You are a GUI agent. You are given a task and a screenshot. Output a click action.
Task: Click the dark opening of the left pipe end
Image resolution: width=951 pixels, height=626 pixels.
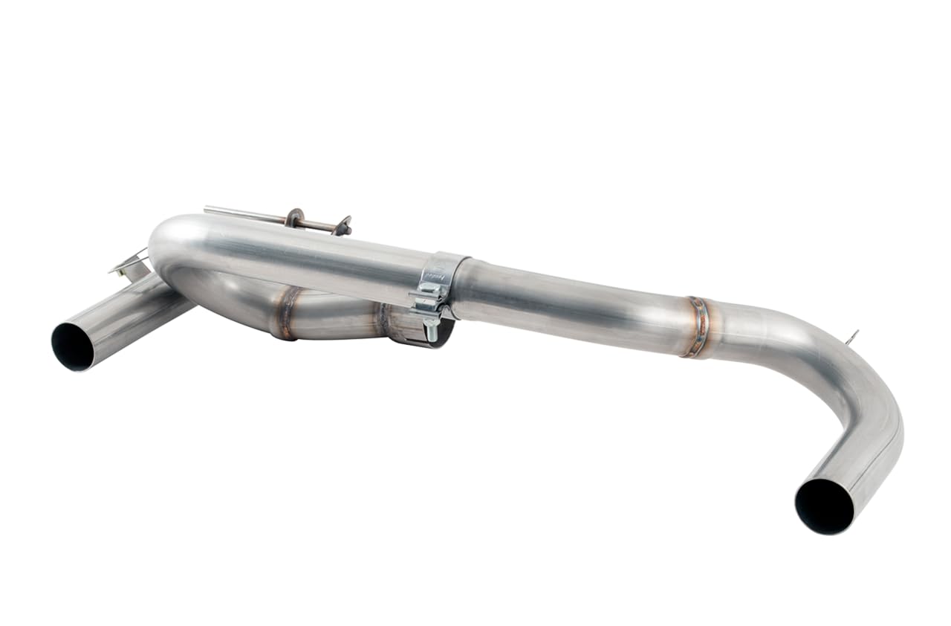(73, 346)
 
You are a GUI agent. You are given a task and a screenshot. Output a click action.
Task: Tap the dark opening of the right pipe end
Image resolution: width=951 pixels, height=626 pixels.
(824, 506)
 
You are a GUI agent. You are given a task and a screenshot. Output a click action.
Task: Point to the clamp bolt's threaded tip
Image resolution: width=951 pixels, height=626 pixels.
(429, 334)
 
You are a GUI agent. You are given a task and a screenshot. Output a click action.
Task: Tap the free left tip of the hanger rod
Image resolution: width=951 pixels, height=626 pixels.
(207, 210)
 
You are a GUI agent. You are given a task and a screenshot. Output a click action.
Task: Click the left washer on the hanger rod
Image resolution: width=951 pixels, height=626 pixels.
(294, 218)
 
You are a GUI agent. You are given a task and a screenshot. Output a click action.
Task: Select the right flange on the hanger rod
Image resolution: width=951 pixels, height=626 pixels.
(343, 225)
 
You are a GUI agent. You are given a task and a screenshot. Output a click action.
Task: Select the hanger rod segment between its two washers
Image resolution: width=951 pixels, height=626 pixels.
(318, 222)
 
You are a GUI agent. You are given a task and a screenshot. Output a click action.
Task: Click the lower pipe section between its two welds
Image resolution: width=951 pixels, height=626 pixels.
(334, 316)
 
